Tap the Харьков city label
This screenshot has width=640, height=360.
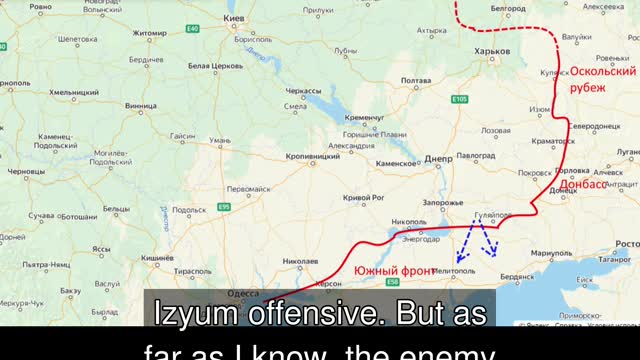click(491, 51)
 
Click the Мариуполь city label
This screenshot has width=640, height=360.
click(552, 254)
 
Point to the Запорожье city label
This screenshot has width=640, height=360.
click(443, 202)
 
